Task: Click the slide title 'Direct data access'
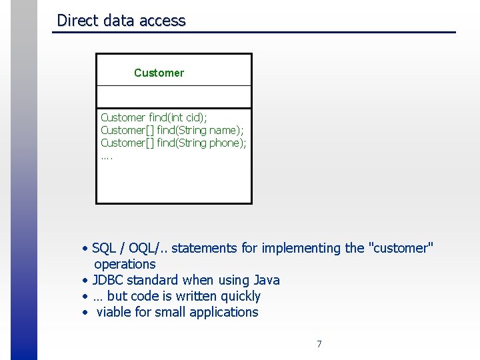click(x=121, y=21)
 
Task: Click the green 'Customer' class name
click(x=159, y=73)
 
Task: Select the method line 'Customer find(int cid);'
click(x=154, y=117)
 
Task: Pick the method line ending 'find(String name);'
click(x=172, y=130)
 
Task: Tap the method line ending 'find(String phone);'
click(x=173, y=143)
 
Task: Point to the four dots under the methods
click(x=107, y=157)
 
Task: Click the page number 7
click(x=319, y=344)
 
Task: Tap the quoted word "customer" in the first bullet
click(x=400, y=248)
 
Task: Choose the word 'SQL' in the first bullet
click(x=104, y=248)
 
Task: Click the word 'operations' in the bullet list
click(x=125, y=264)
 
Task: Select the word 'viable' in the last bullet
click(x=115, y=312)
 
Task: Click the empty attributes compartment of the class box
click(x=174, y=97)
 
